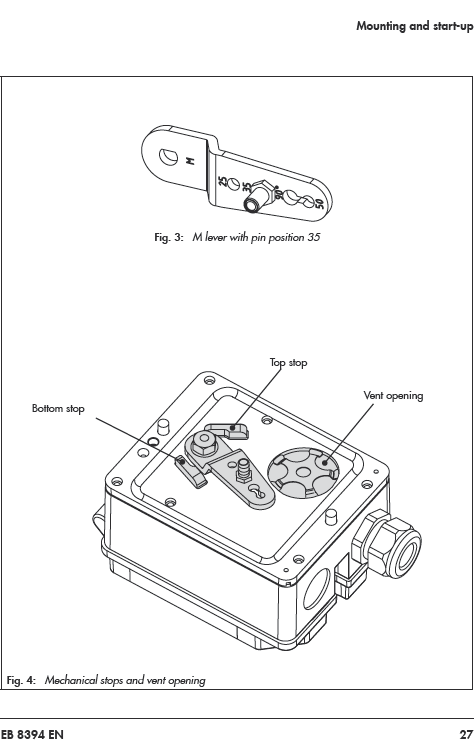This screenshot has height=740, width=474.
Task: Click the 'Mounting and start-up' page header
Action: coord(415,26)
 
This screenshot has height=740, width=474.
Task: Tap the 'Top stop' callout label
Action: coord(288,362)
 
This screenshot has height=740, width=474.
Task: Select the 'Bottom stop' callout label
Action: coord(58,408)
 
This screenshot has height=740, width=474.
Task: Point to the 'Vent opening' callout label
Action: coord(393,395)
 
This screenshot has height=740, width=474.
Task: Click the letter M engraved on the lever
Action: coord(190,161)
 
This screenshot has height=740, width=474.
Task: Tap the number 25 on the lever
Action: coord(222,182)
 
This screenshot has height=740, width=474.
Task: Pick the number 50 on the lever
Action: coord(319,203)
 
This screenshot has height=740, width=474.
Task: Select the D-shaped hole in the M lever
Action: coord(168,157)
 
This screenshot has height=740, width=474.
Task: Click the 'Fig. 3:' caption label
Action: coord(169,237)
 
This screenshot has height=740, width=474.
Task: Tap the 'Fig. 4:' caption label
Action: coord(21,680)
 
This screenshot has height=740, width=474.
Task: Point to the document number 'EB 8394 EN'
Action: coord(32,734)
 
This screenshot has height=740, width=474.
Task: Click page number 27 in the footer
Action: coord(466,734)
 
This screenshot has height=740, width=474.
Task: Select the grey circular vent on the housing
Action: coord(303,473)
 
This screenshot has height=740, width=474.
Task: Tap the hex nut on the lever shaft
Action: coord(203,442)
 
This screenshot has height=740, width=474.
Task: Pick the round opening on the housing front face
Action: coord(317,589)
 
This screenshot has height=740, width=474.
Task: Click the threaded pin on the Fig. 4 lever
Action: coord(243,470)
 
